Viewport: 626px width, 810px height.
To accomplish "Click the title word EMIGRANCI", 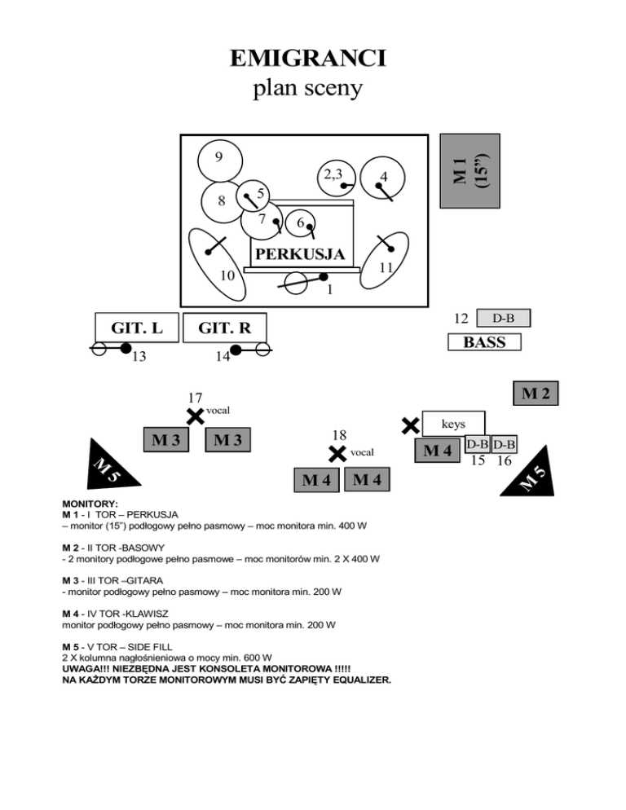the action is [308, 59].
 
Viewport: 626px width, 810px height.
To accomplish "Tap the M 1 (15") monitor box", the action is [469, 171].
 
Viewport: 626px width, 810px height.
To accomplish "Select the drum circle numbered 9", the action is [220, 161].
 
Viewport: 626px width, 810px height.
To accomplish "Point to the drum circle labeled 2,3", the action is [337, 178].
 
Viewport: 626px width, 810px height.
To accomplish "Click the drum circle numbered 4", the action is [382, 178].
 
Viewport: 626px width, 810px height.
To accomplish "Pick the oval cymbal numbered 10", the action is [217, 265].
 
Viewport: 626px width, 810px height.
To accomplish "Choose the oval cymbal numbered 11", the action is [384, 261].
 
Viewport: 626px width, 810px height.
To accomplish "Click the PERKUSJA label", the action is [300, 254].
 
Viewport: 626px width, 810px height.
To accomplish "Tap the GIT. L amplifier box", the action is [137, 328].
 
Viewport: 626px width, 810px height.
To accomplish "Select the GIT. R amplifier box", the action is [225, 328].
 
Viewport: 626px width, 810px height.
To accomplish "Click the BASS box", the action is [484, 342].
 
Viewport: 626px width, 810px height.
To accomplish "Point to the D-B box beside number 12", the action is [504, 318].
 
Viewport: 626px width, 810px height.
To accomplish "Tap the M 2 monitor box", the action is [536, 394].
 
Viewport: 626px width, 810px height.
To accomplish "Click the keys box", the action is [453, 424].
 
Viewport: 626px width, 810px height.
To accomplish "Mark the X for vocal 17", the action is [195, 416].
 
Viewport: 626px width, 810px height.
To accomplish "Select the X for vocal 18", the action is [337, 454].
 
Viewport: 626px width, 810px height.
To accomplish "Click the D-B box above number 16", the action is [504, 444].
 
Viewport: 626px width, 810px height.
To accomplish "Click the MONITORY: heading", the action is [90, 504].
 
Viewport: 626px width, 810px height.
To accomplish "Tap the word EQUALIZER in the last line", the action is [362, 680].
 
